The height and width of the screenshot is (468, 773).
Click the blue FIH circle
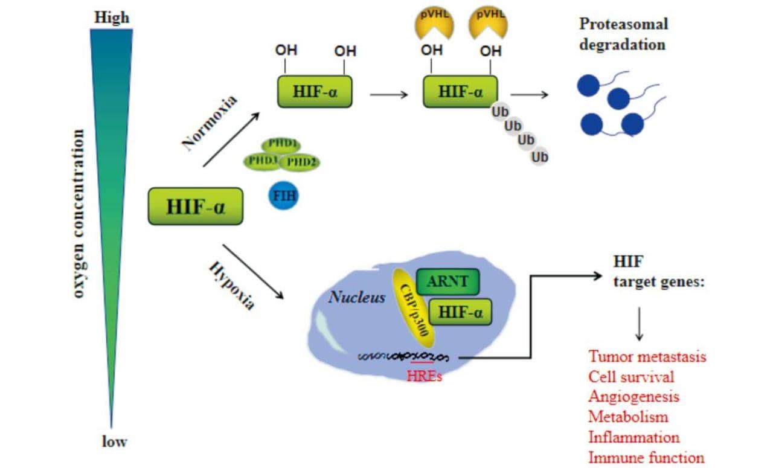(x=283, y=196)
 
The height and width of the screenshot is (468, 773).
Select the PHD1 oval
(x=281, y=145)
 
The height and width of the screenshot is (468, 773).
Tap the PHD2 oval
(x=300, y=162)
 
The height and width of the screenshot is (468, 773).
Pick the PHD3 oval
(x=263, y=161)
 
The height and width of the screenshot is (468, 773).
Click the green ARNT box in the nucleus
(x=447, y=281)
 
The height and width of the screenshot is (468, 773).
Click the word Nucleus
(x=357, y=297)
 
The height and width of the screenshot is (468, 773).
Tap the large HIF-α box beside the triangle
(x=195, y=206)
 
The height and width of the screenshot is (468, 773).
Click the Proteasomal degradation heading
(x=623, y=34)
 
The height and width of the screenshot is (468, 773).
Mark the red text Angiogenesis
(x=633, y=396)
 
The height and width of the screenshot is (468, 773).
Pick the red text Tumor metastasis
(x=647, y=356)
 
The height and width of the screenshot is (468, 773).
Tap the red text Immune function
(x=646, y=457)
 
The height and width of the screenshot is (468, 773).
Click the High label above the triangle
(x=112, y=18)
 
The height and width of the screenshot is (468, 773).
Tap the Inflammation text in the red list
(x=634, y=437)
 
